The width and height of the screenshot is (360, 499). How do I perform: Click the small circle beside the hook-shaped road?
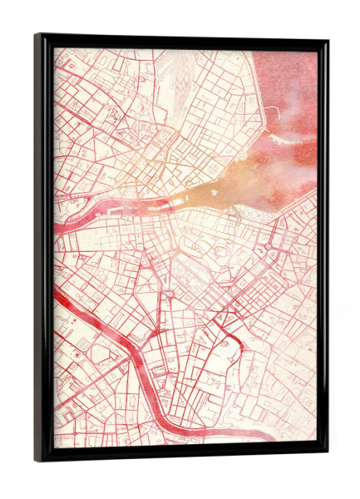point(224,342)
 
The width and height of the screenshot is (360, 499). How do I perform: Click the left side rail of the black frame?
point(44,249)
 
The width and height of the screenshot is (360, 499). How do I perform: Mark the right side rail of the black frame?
point(322,249)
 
